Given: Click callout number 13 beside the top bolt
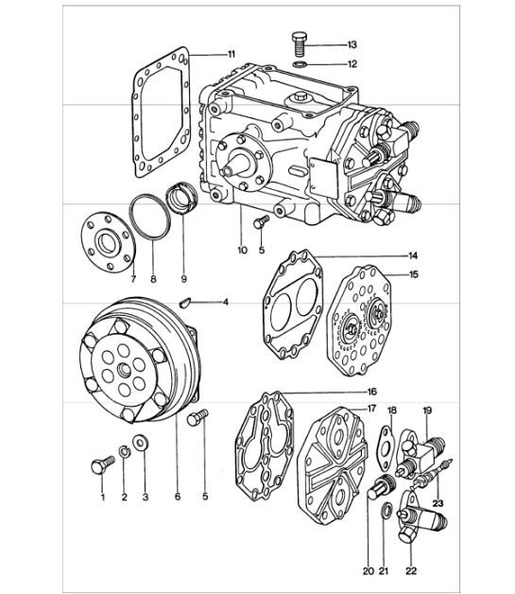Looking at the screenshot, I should [x=325, y=45].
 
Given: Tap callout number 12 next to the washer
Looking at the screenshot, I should [x=325, y=64].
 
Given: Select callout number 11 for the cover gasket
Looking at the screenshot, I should [x=232, y=54].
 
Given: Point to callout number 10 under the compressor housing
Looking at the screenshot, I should [x=242, y=251].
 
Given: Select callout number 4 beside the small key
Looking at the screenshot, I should [x=225, y=302].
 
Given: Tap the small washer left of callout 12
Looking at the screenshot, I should [x=299, y=64].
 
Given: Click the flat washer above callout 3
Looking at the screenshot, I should [x=141, y=442].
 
